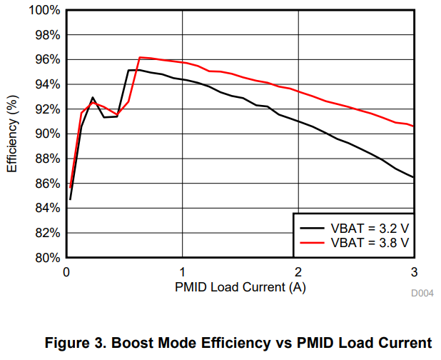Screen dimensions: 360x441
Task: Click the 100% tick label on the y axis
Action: click(x=44, y=11)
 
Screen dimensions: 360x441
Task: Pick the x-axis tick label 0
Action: click(x=66, y=272)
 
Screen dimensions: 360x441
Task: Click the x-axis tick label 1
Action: click(x=183, y=272)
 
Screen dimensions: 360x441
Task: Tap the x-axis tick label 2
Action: click(x=298, y=272)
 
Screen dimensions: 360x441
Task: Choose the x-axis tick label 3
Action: click(x=414, y=272)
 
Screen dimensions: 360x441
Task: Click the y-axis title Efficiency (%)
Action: click(x=12, y=134)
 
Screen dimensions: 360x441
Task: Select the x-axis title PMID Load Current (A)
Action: click(x=240, y=287)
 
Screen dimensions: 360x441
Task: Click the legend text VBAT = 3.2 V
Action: click(x=370, y=228)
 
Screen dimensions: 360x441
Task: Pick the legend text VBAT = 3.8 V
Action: click(x=370, y=243)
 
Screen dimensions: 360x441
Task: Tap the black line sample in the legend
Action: click(x=312, y=228)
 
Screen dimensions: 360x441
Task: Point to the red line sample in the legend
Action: click(x=312, y=243)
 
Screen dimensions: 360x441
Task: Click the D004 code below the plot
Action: click(x=422, y=294)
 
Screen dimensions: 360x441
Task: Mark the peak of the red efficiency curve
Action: click(x=140, y=57)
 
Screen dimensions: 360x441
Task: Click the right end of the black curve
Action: click(x=413, y=177)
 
